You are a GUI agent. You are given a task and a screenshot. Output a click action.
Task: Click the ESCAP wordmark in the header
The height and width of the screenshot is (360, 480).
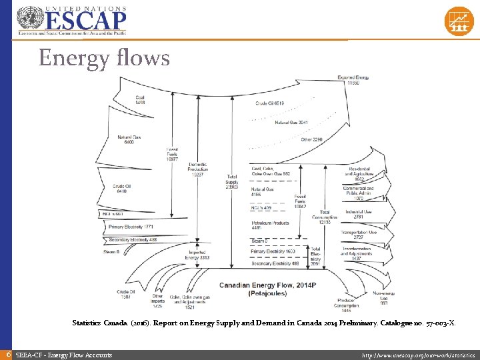85,20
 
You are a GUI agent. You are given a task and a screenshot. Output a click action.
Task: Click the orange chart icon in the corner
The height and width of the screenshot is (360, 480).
458,21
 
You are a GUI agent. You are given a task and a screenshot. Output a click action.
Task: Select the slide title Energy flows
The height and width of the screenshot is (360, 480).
104,58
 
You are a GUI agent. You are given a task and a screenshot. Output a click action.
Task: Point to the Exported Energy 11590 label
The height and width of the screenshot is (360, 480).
353,80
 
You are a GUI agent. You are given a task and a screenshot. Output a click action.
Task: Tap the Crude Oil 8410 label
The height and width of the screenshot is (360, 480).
122,188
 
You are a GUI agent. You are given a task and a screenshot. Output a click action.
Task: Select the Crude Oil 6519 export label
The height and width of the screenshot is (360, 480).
270,103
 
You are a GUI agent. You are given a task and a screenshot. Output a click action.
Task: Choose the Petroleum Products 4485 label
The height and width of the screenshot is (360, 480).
271,225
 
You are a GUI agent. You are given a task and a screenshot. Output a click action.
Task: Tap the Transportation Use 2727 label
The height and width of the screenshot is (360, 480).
359,235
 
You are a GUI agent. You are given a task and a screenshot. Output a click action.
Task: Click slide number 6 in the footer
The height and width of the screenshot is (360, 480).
7,355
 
